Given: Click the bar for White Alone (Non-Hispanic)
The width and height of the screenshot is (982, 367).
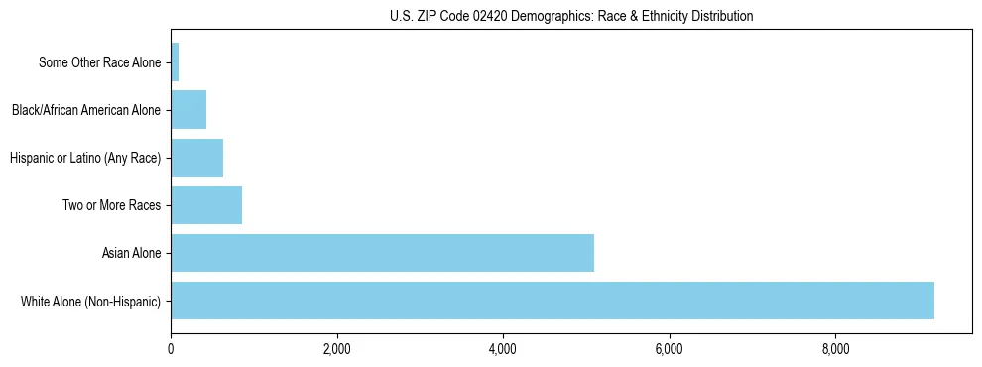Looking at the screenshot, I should pos(552,301).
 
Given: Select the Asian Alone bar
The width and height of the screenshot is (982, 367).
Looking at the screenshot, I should pos(382,253).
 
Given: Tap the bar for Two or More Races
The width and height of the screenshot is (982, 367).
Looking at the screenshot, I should pos(206,205).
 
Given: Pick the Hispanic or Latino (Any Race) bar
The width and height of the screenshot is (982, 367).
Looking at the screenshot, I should pos(196,158).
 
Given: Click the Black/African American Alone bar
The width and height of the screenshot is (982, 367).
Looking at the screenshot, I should pos(188,110).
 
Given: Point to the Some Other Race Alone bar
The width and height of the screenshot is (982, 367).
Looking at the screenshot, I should pos(175,62).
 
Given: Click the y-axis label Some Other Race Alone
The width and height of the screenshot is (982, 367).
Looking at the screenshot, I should pos(99,62).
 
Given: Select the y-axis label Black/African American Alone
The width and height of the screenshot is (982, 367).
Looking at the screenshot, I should pos(85,110).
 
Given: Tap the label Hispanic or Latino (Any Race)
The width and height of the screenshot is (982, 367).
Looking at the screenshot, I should pos(84,158).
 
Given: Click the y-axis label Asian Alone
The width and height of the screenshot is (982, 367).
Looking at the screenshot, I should pos(131,253).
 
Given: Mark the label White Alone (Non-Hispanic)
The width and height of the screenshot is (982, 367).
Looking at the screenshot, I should pos(90,301).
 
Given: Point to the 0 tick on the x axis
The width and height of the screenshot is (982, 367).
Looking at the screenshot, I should pos(171,349).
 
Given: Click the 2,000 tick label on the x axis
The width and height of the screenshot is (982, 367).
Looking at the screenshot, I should pos(337,349).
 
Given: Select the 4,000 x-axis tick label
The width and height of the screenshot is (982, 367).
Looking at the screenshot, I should pos(503,349).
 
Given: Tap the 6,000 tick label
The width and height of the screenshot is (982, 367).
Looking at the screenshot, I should pos(670,349).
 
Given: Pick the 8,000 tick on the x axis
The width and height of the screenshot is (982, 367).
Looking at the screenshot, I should pos(835,349).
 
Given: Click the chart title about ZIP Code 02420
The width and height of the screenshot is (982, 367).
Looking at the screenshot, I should pos(571,16).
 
